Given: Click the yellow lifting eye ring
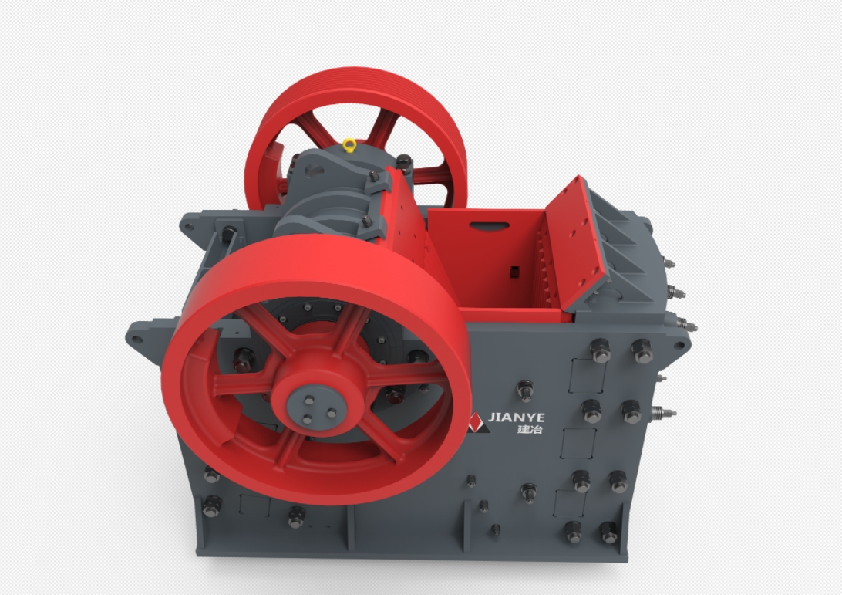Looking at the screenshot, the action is [349, 145].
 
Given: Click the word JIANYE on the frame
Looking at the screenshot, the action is [516, 418].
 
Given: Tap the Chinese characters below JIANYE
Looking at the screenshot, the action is [530, 429].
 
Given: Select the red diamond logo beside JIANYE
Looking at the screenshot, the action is [477, 422].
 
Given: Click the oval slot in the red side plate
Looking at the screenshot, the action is [489, 226].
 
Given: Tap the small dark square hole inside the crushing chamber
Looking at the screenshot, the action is [514, 272].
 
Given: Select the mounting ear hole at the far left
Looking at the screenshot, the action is [137, 340].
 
